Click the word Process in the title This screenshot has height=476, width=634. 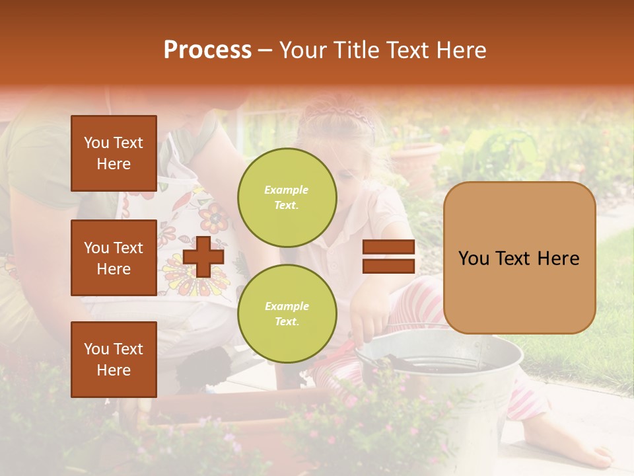[x=207, y=50]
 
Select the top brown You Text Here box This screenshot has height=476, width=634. [x=114, y=153]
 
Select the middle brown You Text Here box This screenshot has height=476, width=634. [x=114, y=258]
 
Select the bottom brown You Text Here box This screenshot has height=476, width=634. [x=114, y=359]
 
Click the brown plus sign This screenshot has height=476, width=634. [x=203, y=256]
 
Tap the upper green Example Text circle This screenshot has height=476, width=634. [x=287, y=198]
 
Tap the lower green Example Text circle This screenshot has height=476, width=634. [x=287, y=314]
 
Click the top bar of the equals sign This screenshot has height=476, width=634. [x=388, y=247]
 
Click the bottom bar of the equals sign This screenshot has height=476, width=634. [x=388, y=266]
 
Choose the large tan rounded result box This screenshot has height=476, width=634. [x=519, y=258]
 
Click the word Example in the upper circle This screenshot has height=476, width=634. [x=286, y=190]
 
